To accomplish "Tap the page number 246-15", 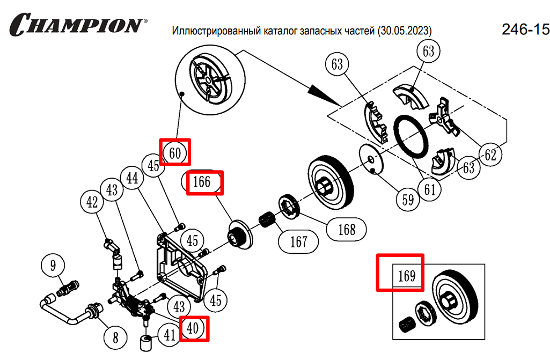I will click(x=525, y=30).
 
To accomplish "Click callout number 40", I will click(x=193, y=328).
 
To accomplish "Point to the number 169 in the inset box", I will click(x=407, y=276).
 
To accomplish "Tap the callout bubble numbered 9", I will click(x=53, y=265).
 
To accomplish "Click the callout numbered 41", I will click(x=170, y=335).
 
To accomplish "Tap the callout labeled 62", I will click(x=489, y=155).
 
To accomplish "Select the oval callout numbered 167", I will click(x=299, y=241).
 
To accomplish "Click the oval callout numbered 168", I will click(x=347, y=230).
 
